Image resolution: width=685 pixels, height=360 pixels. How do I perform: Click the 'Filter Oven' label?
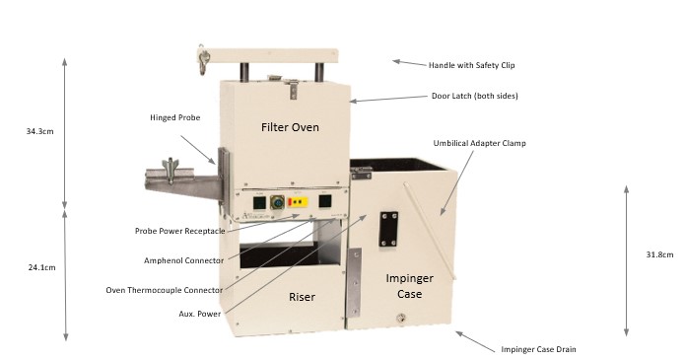291,128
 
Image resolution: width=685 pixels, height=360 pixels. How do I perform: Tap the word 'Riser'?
302,297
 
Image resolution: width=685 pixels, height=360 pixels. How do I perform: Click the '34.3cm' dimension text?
42,130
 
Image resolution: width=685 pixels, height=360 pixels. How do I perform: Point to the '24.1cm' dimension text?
41,266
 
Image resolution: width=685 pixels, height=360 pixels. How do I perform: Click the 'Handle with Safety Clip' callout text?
471,65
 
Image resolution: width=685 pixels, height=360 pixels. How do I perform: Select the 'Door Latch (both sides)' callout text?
475,96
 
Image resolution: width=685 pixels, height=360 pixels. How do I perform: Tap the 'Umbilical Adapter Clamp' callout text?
480,143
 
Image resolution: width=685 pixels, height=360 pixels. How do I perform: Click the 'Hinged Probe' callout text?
174,117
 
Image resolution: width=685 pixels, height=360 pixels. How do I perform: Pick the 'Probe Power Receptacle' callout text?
180,231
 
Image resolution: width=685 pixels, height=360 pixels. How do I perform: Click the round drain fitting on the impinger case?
401,319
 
